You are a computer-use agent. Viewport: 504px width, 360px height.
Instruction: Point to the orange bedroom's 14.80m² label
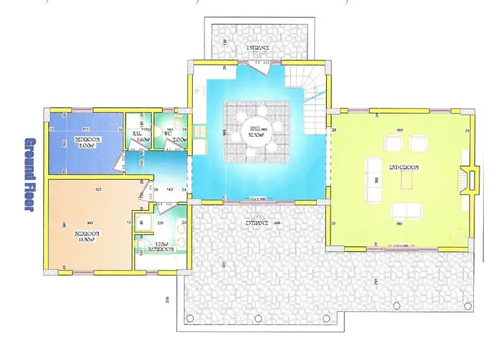(86, 237)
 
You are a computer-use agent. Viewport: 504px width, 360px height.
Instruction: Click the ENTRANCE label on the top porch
(257, 48)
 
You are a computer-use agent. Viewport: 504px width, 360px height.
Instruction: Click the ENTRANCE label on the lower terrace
(257, 223)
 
